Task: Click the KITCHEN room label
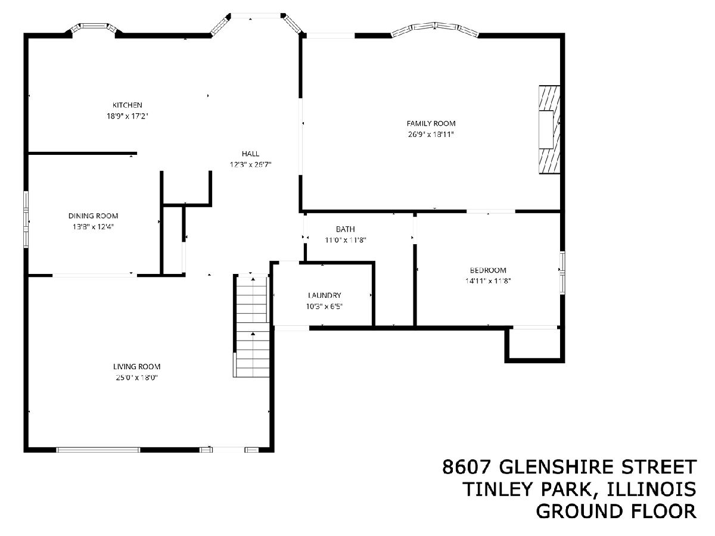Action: (x=128, y=105)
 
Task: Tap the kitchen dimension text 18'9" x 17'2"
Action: (x=128, y=116)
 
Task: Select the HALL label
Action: (x=250, y=154)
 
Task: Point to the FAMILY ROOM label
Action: (x=431, y=123)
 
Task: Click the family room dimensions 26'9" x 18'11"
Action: (x=431, y=135)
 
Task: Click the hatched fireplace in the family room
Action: (x=549, y=129)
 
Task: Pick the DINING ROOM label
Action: (x=93, y=216)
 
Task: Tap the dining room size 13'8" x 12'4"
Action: (x=93, y=227)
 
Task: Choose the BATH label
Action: (x=345, y=229)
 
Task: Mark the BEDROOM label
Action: (x=488, y=270)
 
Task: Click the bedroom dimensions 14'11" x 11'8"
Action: (x=488, y=281)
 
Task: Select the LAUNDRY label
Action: (x=325, y=295)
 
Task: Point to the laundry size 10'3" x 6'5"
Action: (x=325, y=306)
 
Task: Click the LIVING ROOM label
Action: (x=137, y=366)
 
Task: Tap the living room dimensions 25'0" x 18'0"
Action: (x=137, y=378)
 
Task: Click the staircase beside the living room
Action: (x=252, y=326)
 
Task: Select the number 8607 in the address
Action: (x=467, y=467)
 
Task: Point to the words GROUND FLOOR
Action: (x=616, y=511)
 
